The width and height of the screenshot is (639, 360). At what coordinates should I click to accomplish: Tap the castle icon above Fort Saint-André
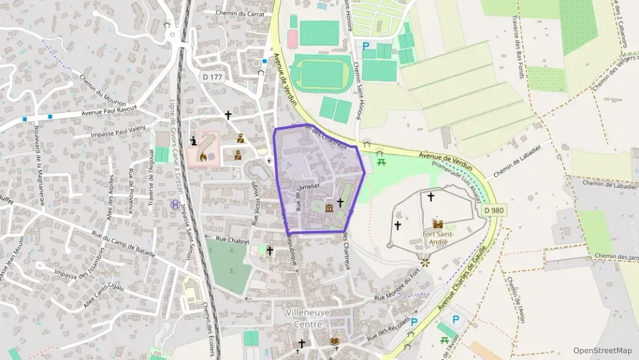pos(438,224)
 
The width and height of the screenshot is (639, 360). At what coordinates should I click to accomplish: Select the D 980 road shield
pos(494,210)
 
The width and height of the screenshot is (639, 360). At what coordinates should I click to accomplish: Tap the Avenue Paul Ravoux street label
pos(109,111)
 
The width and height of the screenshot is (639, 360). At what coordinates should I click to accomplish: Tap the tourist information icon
pos(194,141)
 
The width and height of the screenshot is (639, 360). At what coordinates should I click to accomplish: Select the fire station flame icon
pos(203,156)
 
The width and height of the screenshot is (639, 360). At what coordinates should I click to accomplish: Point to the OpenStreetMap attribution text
pos(602,350)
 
